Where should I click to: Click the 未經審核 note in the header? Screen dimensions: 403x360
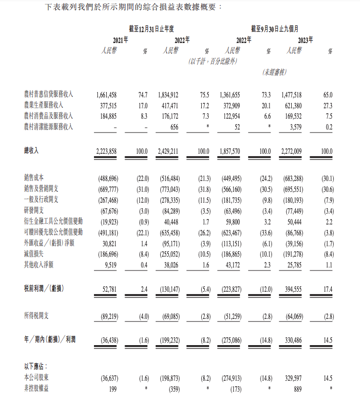click(x=274, y=73)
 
